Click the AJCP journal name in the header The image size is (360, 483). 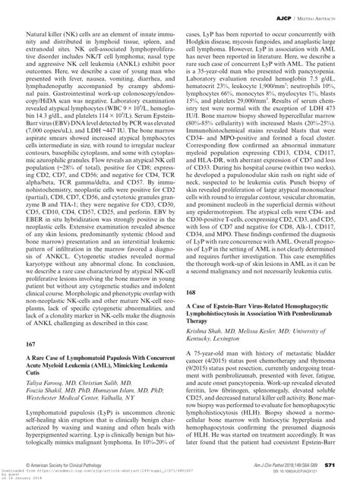click(284, 14)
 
